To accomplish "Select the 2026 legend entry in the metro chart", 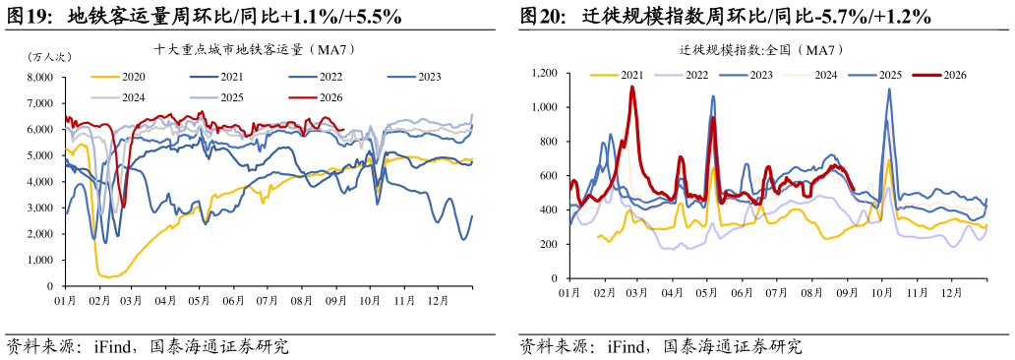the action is [314, 97].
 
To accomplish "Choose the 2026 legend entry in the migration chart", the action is [938, 75].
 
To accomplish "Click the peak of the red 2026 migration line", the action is [631, 87].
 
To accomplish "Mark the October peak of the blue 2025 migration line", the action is [889, 90].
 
